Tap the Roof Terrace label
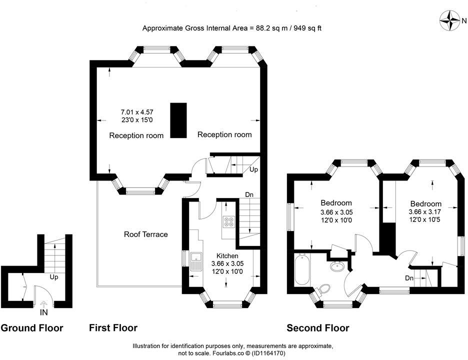point(146,234)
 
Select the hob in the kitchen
point(229,223)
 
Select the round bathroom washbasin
point(337,266)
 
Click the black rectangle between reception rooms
point(178,120)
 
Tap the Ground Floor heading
point(32,328)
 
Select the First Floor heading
point(113,328)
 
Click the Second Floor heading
point(317,328)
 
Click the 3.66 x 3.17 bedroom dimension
point(426,211)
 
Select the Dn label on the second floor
point(409,278)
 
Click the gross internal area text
point(232,28)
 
